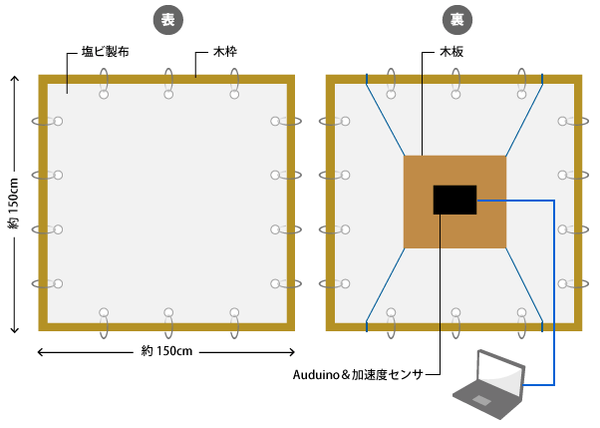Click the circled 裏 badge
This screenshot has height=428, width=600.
point(456,19)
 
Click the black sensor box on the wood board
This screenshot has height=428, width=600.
point(454,199)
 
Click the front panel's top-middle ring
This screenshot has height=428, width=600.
point(168,84)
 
